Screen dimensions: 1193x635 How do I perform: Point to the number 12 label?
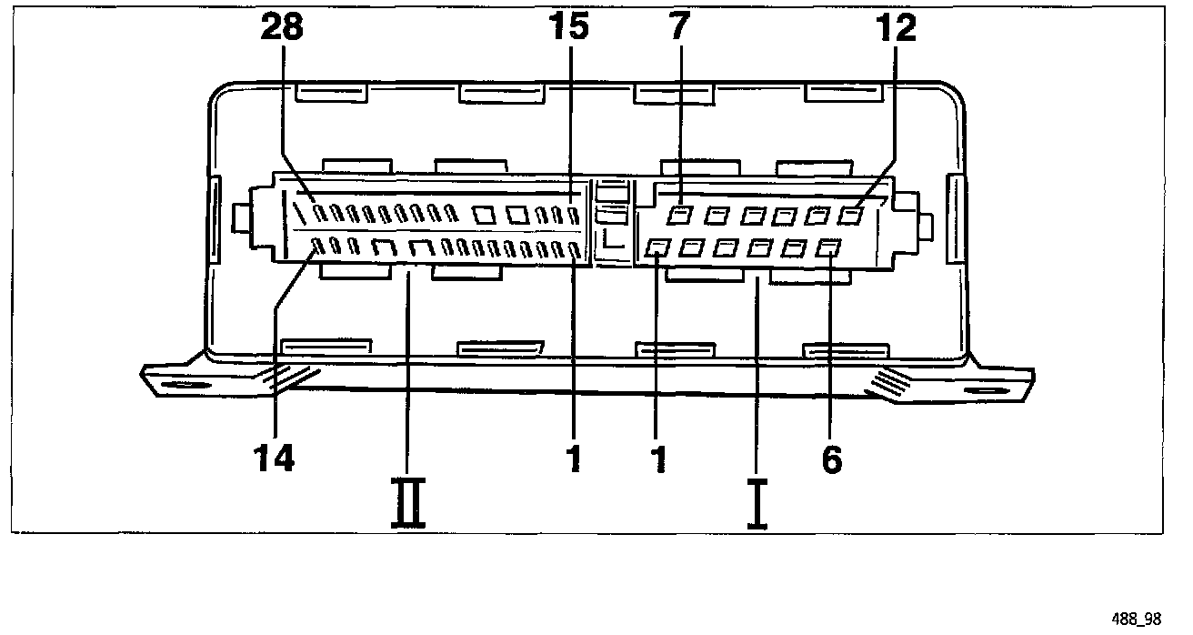(896, 28)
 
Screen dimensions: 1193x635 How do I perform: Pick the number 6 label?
(831, 459)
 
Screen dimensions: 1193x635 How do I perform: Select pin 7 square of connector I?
(679, 216)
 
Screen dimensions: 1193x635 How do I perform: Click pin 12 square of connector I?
(852, 216)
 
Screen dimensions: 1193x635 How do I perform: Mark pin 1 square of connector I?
(657, 247)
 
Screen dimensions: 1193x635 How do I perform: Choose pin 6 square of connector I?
(827, 247)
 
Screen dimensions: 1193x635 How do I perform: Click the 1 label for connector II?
(573, 458)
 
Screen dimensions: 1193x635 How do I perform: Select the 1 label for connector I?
(657, 458)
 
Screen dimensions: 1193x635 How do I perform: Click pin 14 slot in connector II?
(318, 245)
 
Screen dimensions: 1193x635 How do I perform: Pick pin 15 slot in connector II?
(574, 216)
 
